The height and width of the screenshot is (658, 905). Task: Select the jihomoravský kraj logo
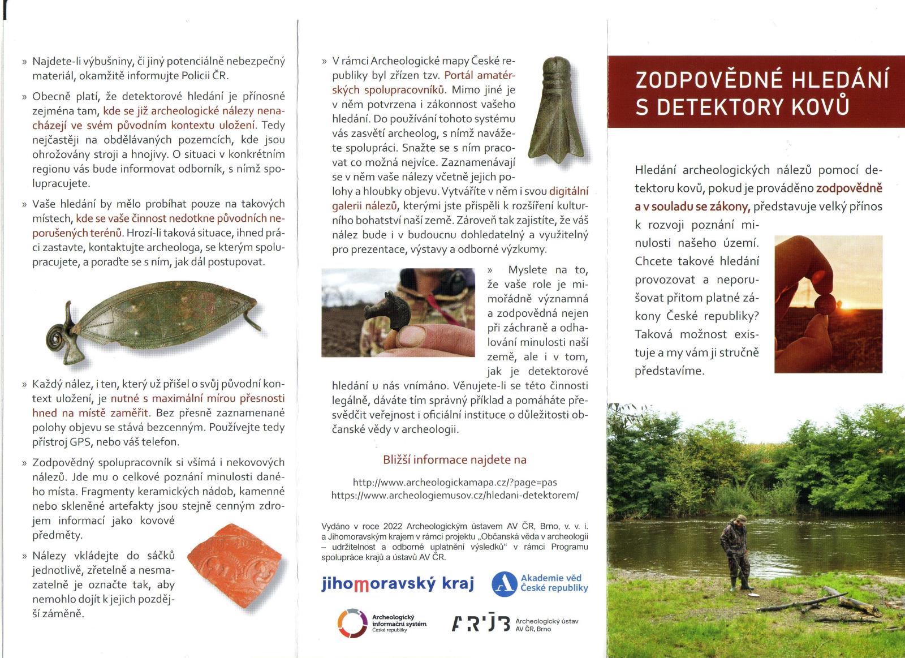click(398, 583)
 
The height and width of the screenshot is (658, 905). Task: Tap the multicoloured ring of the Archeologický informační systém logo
click(352, 623)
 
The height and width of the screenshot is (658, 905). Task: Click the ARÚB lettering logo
click(481, 623)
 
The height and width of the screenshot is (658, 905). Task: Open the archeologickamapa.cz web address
click(455, 483)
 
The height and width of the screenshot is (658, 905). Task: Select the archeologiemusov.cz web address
click(455, 495)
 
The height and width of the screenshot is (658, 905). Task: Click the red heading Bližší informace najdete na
click(455, 459)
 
